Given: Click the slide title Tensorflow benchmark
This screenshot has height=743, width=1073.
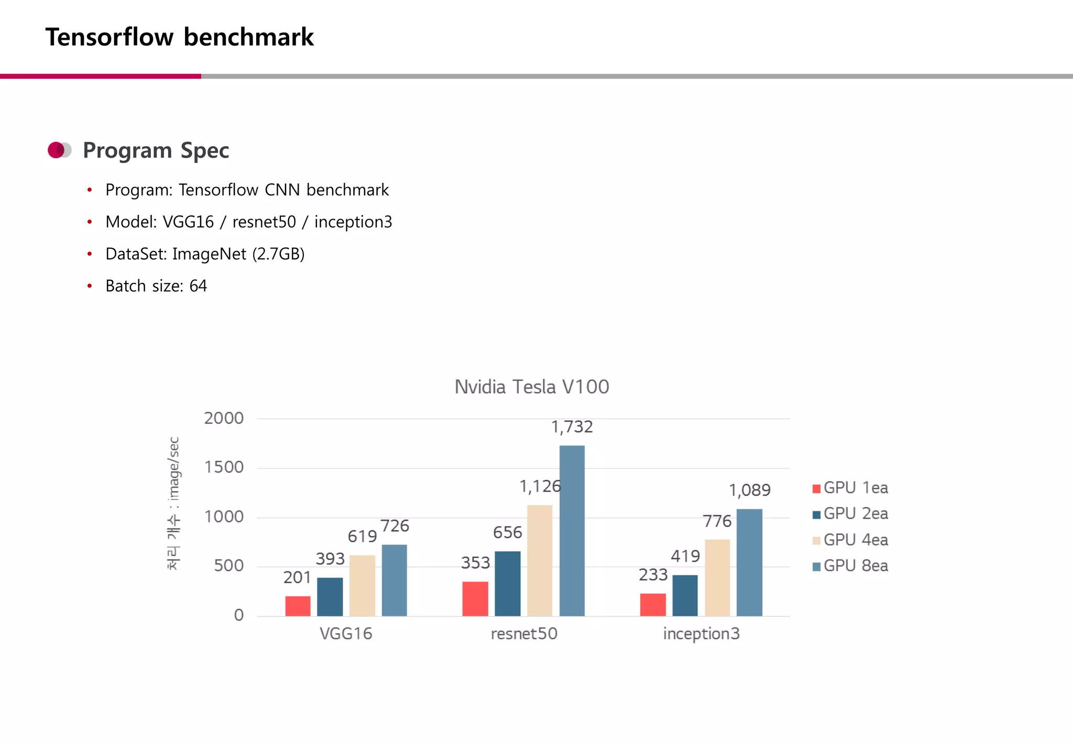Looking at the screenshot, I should coord(179,37).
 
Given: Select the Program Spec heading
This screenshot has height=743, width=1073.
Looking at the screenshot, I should coord(156,150).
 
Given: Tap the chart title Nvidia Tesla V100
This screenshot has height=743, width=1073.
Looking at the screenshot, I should coord(531,387).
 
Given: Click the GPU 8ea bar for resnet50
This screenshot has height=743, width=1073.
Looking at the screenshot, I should coord(572,530).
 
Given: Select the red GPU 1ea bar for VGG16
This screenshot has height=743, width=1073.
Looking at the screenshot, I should coord(298,606).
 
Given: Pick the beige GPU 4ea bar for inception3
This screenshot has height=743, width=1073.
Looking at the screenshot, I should coord(717,577).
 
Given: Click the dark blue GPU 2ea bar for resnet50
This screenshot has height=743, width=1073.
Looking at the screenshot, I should coord(507,583).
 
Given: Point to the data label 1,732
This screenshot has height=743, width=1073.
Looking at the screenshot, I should coord(572,427).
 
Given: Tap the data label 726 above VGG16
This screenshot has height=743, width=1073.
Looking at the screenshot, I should coord(394,526).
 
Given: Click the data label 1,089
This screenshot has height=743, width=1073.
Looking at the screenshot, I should coord(749,490).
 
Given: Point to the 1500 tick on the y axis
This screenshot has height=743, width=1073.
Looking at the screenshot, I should coord(224,467).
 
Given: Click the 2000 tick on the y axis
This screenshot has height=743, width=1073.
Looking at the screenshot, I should coord(224,418).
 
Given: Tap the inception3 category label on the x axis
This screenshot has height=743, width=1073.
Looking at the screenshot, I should coord(701,633).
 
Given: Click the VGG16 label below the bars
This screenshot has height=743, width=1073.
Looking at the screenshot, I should coord(346,633).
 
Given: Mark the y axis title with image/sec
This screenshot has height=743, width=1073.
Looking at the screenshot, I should coord(173,503).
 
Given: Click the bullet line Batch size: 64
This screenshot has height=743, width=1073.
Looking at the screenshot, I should coord(156,286).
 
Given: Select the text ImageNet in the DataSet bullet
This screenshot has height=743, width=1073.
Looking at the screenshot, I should coord(209,254).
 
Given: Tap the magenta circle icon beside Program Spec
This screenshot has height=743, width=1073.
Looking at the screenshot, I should coord(56,150).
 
